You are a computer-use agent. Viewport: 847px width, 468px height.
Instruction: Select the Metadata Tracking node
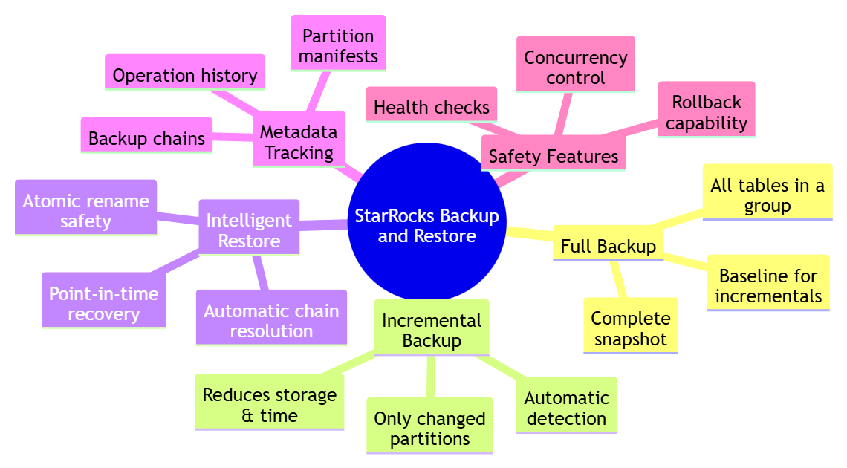(299, 142)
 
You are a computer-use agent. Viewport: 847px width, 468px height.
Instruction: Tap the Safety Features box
(554, 156)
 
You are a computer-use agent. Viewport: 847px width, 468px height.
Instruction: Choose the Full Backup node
(608, 247)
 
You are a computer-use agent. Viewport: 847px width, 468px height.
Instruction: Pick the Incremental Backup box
(432, 331)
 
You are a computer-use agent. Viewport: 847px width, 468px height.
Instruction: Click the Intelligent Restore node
(249, 230)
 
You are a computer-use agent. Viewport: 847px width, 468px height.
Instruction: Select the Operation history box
(185, 75)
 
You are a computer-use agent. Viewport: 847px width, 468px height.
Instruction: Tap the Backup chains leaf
(146, 138)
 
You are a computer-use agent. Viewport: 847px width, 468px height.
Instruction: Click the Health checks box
(432, 107)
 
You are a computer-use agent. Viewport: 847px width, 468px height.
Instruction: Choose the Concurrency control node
(575, 68)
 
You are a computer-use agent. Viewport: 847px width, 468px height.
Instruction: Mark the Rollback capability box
(706, 112)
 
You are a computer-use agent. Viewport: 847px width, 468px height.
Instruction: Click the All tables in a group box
(767, 195)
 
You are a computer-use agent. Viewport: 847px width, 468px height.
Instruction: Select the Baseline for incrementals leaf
(768, 286)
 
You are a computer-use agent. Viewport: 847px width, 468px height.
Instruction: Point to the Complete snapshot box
(630, 328)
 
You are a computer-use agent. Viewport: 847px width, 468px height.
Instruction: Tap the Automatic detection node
(566, 408)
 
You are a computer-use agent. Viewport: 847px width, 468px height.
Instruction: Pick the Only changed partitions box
(429, 429)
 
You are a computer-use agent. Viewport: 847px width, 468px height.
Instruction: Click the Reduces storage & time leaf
(269, 406)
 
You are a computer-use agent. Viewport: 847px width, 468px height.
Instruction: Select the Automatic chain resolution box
(271, 321)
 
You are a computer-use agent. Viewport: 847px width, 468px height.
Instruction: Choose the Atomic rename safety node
(85, 211)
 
